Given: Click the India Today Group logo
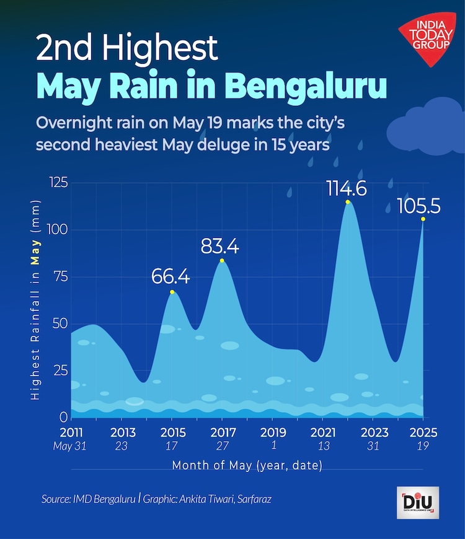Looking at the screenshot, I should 432,37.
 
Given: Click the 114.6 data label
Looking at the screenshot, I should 347,188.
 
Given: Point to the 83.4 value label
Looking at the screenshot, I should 220,247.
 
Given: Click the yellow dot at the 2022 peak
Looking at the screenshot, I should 348,202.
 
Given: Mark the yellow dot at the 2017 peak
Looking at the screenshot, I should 222,260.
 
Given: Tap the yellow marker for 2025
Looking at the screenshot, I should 423,219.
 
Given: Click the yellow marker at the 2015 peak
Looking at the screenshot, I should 172,292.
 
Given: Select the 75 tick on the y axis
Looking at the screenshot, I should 60,276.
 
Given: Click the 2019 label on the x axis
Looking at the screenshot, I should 273,432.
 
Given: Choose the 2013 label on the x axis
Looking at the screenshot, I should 123,432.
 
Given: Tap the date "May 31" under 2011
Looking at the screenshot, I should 71,446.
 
